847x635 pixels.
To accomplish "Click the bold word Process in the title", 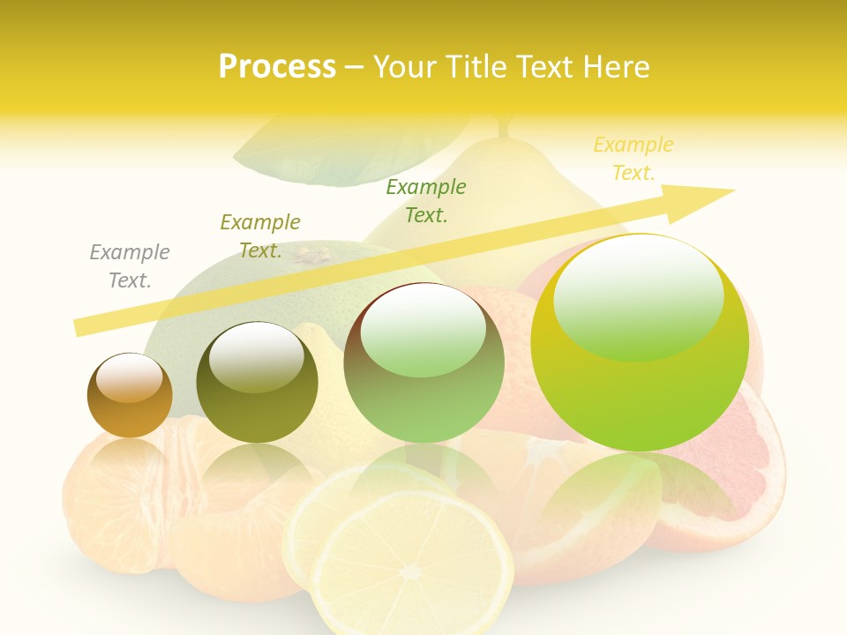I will [x=277, y=67].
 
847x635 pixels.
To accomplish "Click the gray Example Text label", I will [x=130, y=266].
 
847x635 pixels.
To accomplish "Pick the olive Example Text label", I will [x=260, y=236].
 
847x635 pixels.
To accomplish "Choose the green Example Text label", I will [x=426, y=201].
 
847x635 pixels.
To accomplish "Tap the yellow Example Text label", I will [x=633, y=159].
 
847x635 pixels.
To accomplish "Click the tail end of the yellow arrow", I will [x=81, y=326].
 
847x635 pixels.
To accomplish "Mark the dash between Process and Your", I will [x=354, y=68].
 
